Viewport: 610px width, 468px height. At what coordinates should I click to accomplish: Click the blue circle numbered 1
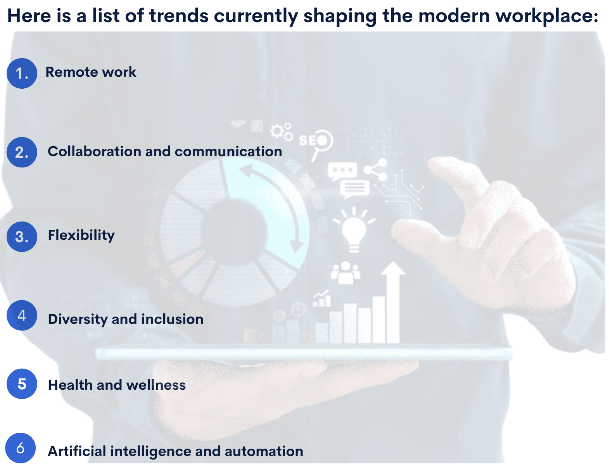pos(22,73)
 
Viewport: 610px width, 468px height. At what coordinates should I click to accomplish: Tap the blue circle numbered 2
pos(22,152)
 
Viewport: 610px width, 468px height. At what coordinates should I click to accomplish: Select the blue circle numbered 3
pos(22,237)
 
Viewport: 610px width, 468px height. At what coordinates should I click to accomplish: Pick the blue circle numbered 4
pos(22,315)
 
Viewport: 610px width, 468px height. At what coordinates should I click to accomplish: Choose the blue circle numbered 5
pos(22,384)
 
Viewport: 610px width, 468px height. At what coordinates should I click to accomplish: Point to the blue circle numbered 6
pos(21,448)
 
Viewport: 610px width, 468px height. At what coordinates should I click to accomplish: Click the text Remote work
pos(91,72)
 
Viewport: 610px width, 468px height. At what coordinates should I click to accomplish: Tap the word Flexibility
pos(81,235)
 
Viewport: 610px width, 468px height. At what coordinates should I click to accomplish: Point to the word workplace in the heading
pos(547,16)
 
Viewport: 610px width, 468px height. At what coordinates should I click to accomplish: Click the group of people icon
pos(345,272)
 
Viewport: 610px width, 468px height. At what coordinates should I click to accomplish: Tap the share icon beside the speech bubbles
pos(376,169)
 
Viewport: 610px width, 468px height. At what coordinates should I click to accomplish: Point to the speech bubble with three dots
pos(342,170)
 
